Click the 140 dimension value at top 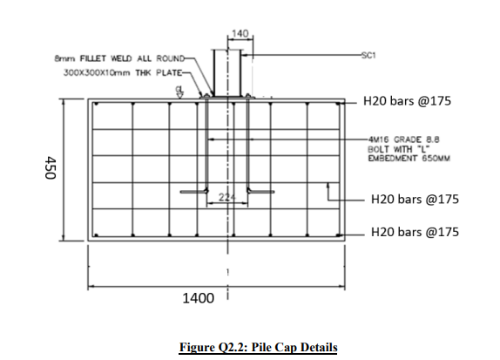240,33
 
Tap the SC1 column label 368,55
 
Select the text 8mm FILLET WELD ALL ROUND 119,58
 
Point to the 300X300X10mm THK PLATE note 123,72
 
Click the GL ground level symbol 179,92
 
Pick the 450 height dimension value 51,167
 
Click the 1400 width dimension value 198,298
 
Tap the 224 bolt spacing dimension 227,198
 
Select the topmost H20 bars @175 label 407,101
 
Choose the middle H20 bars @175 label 415,199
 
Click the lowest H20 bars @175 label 415,232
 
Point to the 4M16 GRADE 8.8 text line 403,139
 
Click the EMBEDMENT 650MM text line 409,159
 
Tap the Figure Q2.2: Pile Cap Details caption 259,347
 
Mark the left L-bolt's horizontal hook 194,192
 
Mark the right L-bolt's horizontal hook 260,192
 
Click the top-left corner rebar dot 97,104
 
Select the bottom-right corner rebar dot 338,235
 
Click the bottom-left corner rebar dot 97,235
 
